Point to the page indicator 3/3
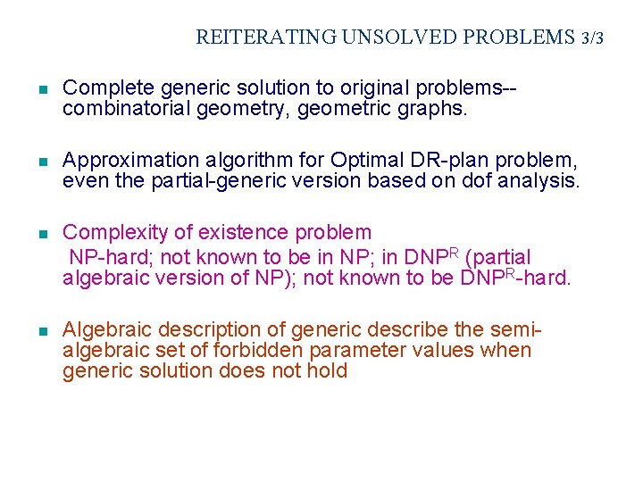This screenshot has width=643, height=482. coord(592,38)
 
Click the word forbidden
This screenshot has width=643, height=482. coord(246,351)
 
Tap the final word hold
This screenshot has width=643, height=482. coord(328,371)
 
